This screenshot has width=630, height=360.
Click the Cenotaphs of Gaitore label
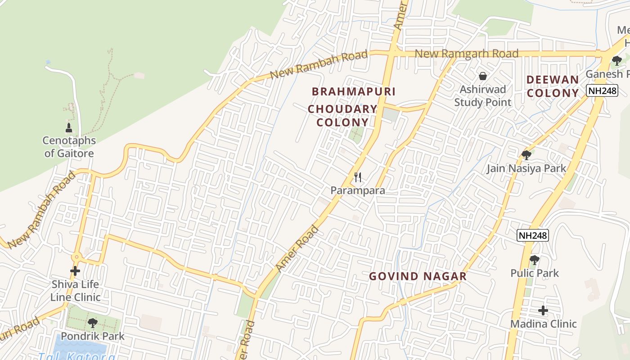coord(69,147)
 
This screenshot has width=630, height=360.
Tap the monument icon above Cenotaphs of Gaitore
coord(69,128)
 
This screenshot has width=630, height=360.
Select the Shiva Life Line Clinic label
coord(75,291)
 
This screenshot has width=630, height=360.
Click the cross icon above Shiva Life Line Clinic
coord(75,271)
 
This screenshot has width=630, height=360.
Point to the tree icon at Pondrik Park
coord(92,323)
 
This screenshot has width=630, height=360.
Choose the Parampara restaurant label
coord(358,190)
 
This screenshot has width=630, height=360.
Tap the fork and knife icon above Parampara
coord(358,177)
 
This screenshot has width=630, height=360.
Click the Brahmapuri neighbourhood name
coord(354,91)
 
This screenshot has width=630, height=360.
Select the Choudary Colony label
coord(342,116)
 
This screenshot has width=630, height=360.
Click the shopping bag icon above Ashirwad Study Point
coord(483,76)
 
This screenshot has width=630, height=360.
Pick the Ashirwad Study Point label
coord(483,95)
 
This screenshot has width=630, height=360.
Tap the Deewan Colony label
coord(553,86)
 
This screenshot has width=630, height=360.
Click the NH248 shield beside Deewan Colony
coord(602,91)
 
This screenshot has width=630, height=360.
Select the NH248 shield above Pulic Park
coord(533,235)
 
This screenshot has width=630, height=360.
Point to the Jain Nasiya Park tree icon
coord(526,155)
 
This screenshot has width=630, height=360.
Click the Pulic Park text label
coord(535,273)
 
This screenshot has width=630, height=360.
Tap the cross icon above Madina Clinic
coord(543,310)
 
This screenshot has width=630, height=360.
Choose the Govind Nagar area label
coord(418,276)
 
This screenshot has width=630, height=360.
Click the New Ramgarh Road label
coord(466,54)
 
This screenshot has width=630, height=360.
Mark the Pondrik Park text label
coord(93,336)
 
